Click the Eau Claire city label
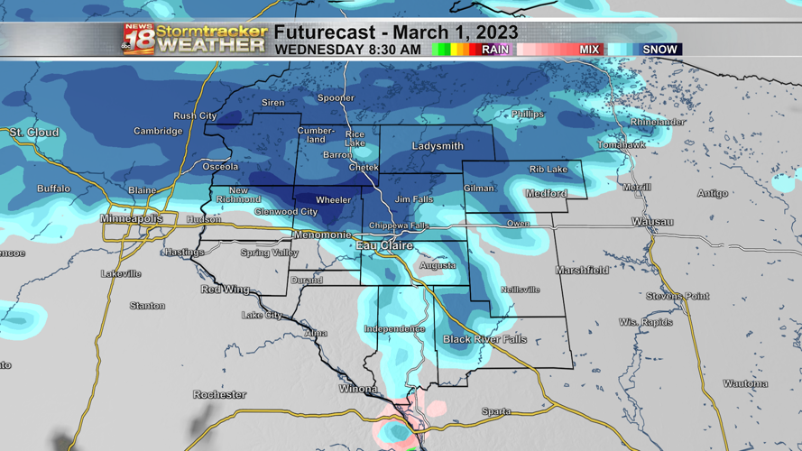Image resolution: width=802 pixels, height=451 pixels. (384, 245)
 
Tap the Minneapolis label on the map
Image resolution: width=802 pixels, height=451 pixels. (132, 219)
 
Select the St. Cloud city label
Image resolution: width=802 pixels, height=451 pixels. (34, 133)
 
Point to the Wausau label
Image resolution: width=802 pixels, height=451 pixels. (652, 222)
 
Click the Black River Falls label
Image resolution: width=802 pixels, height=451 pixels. (484, 339)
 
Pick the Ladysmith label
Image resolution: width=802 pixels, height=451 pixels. (438, 146)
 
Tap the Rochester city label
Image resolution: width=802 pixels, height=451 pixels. (219, 394)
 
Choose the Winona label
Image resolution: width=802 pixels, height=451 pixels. (358, 390)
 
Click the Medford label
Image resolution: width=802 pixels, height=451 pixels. (546, 194)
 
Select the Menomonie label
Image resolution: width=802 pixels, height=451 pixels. (322, 235)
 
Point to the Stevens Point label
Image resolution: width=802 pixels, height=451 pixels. (678, 296)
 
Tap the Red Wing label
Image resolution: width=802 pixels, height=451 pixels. (225, 290)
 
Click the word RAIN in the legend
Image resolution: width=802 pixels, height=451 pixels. (495, 50)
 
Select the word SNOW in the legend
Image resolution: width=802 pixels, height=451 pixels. (659, 50)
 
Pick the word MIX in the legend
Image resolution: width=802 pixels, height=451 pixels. (589, 50)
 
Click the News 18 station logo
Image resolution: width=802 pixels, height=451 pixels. (139, 39)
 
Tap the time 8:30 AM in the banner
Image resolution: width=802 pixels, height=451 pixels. (394, 50)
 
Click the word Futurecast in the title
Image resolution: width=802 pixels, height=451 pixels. (323, 32)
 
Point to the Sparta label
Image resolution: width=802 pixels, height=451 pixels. (496, 411)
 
